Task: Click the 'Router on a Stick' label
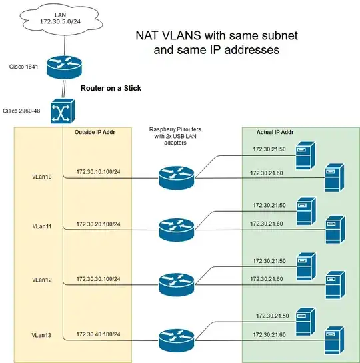click(111, 88)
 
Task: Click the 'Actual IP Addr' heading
click(276, 132)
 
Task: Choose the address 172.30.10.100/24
click(98, 172)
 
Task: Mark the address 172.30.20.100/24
click(98, 224)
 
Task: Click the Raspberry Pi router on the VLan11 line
click(177, 229)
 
